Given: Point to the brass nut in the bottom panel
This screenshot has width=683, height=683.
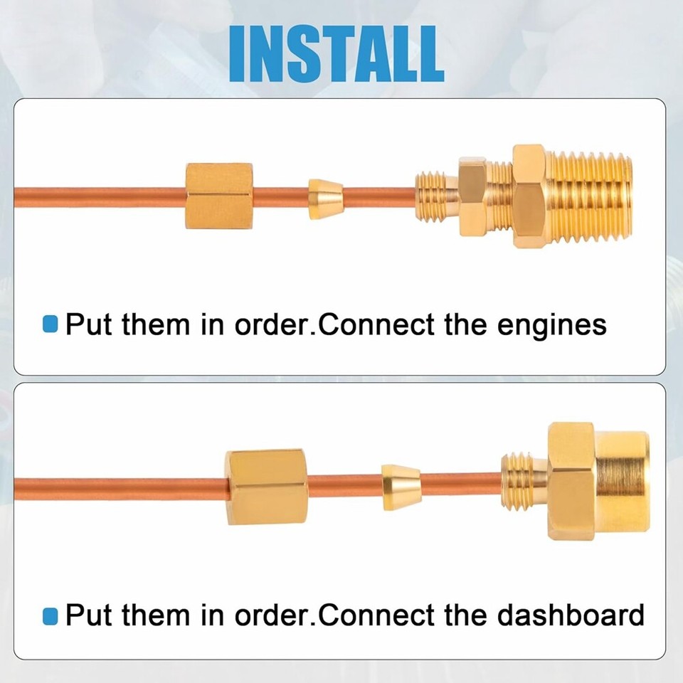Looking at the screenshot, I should coord(267,487).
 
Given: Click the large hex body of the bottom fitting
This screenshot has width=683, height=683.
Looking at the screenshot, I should coord(571,480).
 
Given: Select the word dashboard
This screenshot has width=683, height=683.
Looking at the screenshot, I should coord(570,614).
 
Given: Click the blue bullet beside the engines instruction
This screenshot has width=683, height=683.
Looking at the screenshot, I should coord(50,325).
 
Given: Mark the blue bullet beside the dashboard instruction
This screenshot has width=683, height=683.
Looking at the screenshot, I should coord(50,615).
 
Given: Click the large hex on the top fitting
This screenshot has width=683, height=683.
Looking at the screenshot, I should coord(528,195).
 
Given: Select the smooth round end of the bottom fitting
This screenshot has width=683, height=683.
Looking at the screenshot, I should coord(623,480).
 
